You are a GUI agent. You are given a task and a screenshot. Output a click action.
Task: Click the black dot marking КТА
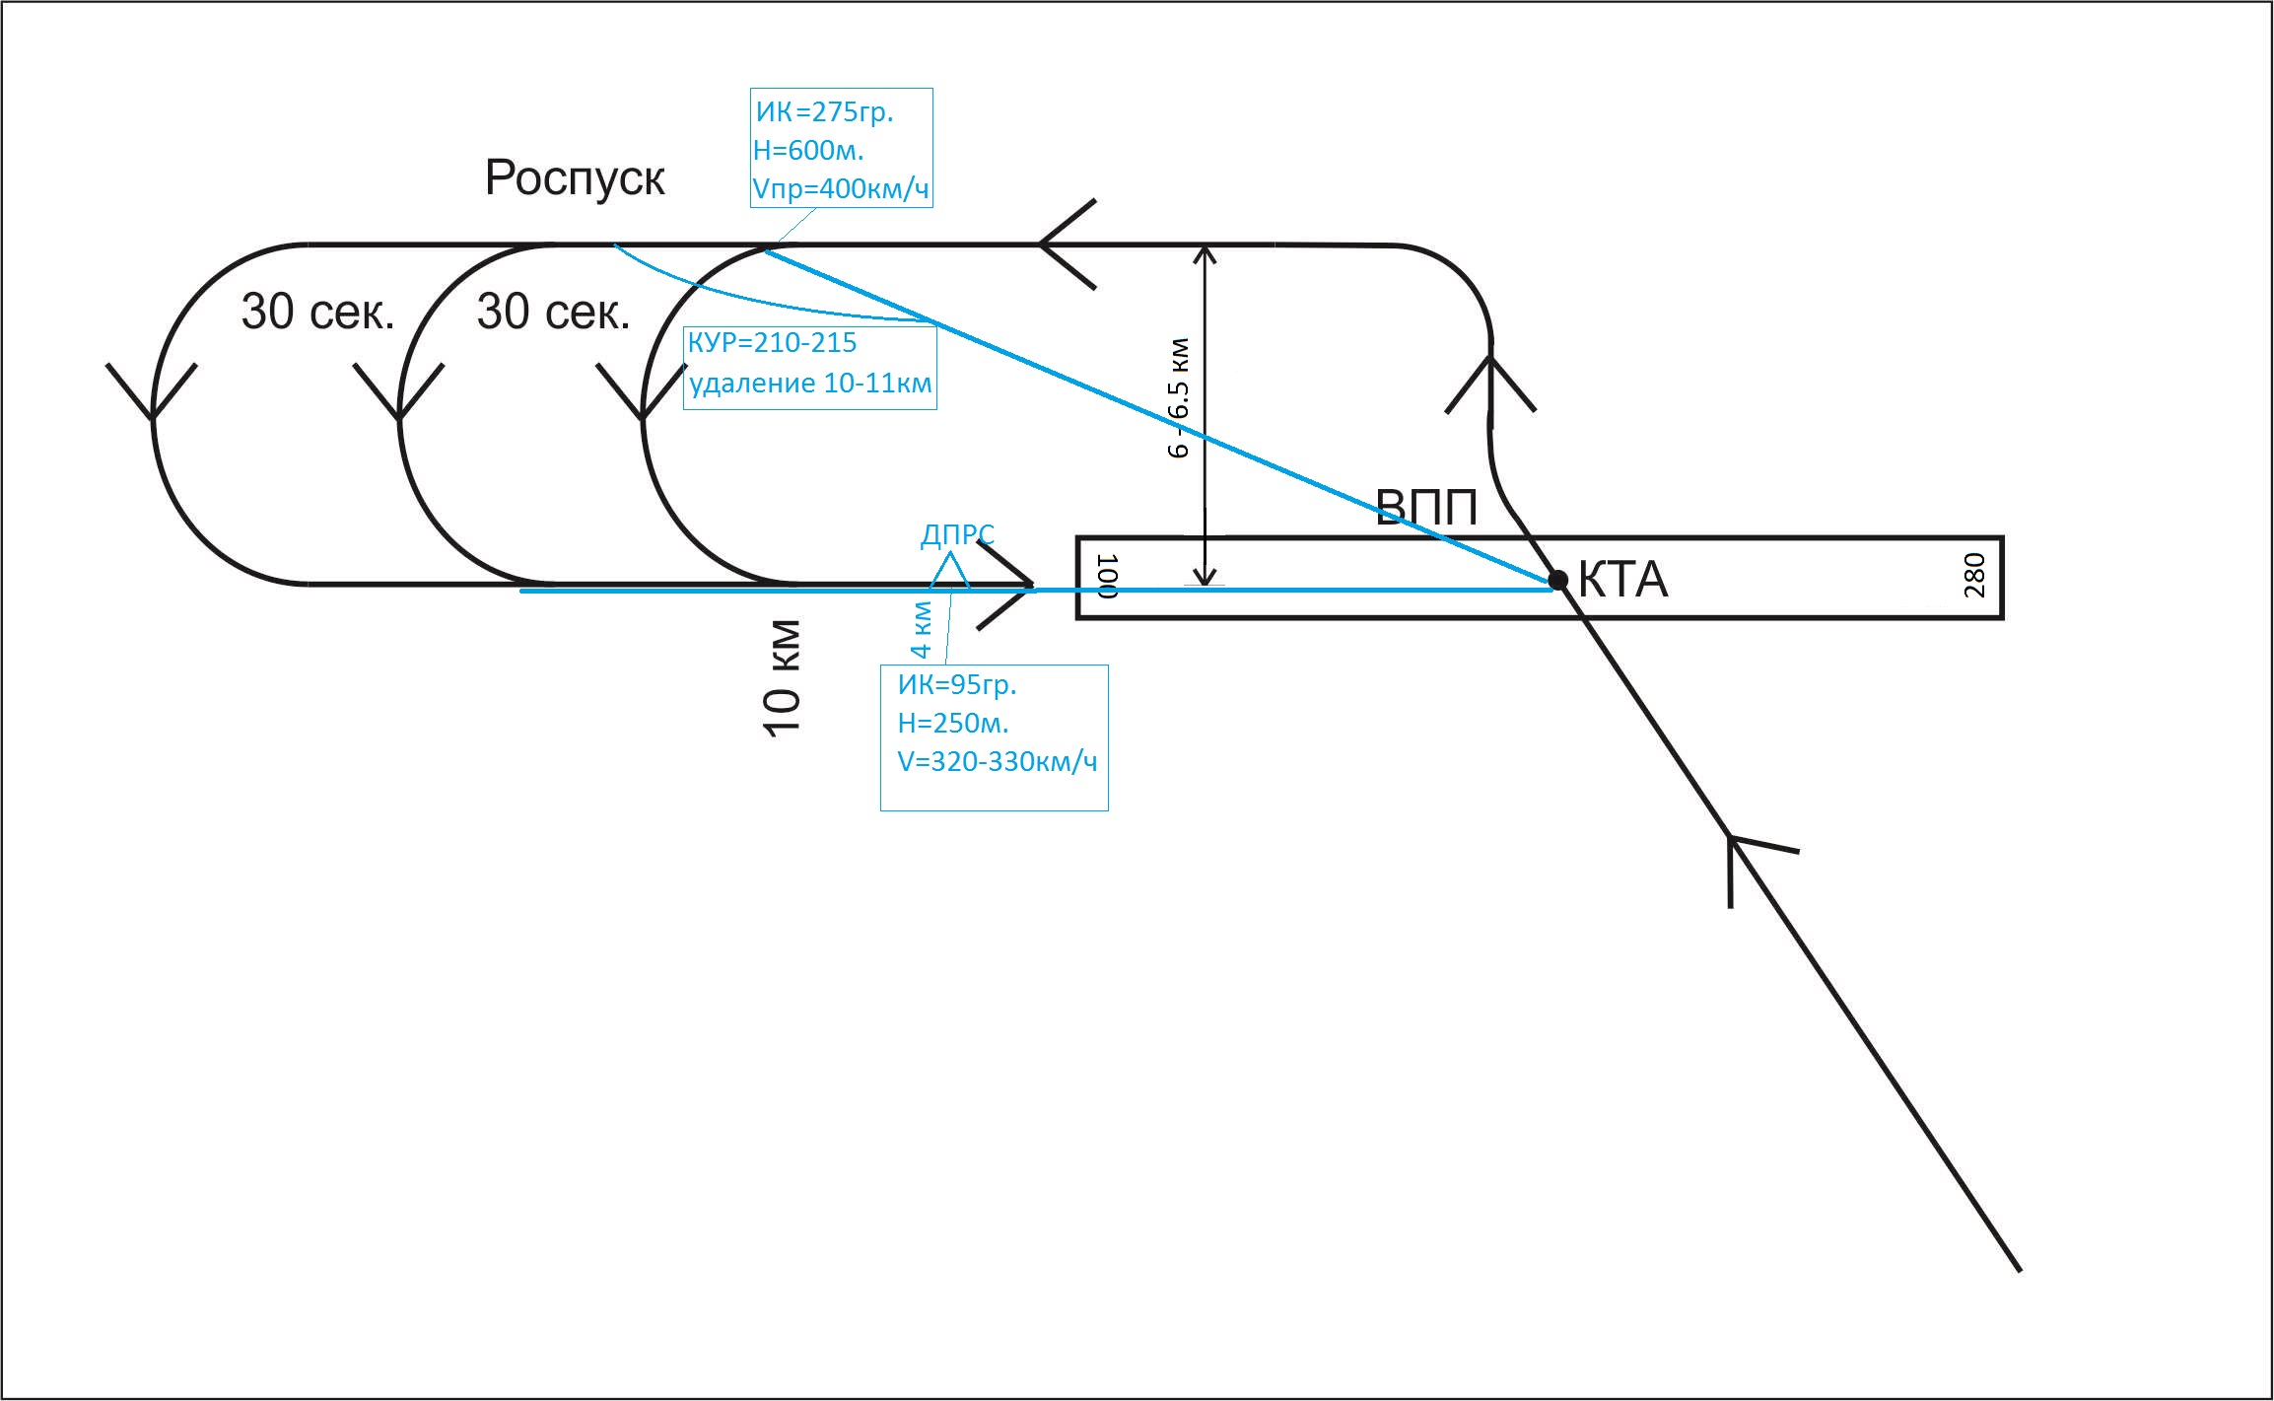pos(1557,580)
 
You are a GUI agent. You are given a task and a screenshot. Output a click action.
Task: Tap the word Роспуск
pos(575,179)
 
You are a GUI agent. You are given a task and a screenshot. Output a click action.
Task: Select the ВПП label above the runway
pos(1426,508)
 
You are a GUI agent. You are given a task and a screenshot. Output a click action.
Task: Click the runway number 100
pos(1107,577)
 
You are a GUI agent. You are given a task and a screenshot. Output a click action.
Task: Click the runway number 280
pos(1973,575)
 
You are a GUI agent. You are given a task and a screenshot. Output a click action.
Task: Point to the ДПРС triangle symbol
pos(949,571)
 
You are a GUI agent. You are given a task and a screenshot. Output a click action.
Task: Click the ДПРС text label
pos(957,534)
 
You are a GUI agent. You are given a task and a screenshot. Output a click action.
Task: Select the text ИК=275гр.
pos(824,111)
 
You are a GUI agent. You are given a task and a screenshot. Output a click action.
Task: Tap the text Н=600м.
pos(808,150)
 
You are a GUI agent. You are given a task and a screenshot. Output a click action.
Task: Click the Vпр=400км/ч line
pos(841,188)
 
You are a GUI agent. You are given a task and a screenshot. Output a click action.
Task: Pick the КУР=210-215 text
pos(772,343)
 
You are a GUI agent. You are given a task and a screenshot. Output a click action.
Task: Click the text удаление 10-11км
pos(810,383)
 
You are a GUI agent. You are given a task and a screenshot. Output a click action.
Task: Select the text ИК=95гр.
pos(956,684)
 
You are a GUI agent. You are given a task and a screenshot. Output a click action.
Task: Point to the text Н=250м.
pos(953,723)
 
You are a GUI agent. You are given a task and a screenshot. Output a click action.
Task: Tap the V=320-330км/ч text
pos(997,761)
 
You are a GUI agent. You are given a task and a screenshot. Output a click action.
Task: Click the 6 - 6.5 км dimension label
pos(1178,398)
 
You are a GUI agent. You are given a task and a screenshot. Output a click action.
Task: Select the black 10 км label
pos(782,678)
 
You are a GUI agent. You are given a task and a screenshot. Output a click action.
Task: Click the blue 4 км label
pos(920,629)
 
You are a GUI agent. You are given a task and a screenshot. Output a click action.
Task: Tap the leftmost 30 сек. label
pos(317,312)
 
